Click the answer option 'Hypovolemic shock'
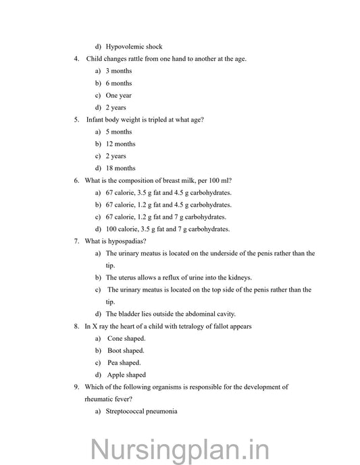point(134,47)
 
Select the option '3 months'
point(119,71)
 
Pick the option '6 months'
point(119,83)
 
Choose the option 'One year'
point(119,95)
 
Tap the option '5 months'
point(119,132)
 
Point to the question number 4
point(76,59)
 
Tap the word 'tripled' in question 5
point(153,119)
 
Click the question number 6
point(76,180)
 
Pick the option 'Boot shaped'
point(126,350)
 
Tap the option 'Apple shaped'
point(126,375)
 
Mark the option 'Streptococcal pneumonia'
point(141,411)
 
